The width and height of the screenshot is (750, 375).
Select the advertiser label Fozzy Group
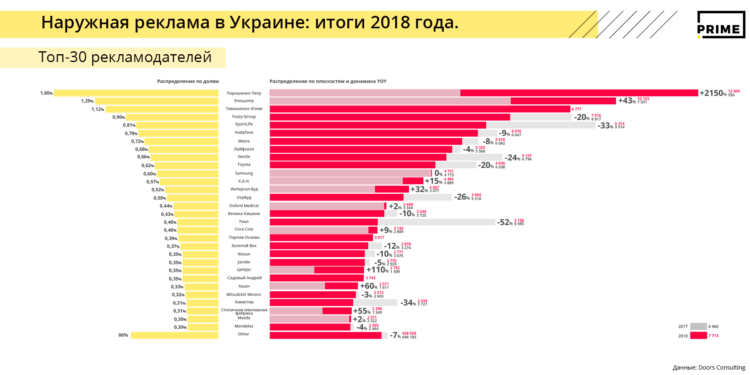244,117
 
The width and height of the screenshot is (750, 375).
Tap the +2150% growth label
713,93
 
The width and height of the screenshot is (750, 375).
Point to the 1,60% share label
46,93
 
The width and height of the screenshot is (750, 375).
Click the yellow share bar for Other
175,335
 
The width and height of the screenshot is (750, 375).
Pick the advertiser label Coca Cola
244,229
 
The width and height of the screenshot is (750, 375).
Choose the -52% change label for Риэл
505,222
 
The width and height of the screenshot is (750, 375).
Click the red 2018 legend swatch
698,335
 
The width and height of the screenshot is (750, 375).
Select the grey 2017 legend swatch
698,327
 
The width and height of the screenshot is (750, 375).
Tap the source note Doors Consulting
709,367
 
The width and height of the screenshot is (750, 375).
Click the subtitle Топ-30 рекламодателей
125,57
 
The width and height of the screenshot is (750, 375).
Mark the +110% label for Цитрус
377,270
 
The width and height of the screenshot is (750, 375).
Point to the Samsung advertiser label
244,173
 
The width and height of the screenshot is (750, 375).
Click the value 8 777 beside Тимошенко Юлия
576,109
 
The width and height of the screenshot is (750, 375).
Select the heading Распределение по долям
187,81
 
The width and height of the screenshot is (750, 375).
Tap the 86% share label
123,335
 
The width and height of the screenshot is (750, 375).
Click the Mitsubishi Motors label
244,295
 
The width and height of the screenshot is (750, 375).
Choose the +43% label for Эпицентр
627,101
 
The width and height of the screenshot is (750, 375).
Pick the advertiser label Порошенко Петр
244,93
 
